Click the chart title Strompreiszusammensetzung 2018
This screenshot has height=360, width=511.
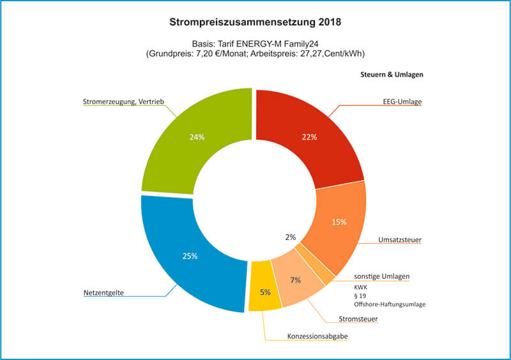(255, 22)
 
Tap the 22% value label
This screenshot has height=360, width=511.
(309, 137)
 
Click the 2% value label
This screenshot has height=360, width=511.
(291, 237)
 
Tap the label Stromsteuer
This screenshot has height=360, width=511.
(356, 319)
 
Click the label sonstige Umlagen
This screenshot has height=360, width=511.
(381, 276)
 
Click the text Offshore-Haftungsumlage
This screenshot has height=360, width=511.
(390, 304)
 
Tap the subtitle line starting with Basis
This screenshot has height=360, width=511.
(255, 43)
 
